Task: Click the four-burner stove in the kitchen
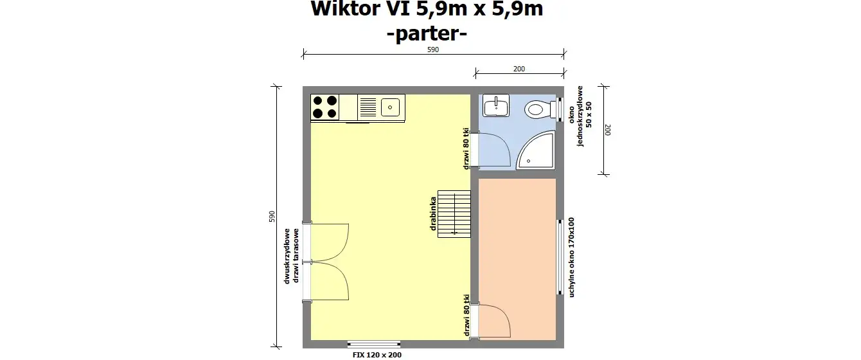click(325, 107)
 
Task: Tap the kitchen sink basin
click(391, 107)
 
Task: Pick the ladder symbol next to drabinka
click(454, 213)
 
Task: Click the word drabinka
click(434, 213)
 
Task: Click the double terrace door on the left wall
click(326, 262)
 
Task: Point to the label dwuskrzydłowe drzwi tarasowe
click(292, 256)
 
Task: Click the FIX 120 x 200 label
click(377, 354)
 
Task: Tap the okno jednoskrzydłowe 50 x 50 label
click(584, 116)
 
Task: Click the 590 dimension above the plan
click(433, 50)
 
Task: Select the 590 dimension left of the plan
click(272, 217)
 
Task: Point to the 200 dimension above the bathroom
click(519, 69)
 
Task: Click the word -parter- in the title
click(427, 34)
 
